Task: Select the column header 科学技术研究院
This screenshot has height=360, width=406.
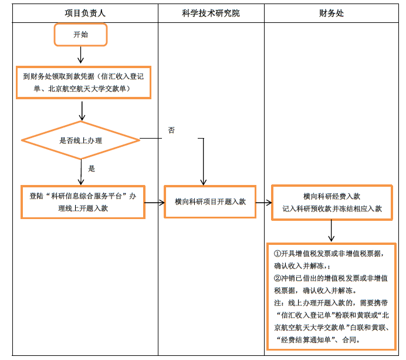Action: [x=211, y=13]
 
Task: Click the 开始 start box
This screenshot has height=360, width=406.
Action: [x=80, y=35]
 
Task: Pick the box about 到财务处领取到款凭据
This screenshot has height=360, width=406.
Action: [x=83, y=82]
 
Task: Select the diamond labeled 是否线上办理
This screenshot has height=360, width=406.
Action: [x=80, y=140]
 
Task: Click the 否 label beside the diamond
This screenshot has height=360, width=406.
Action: [x=171, y=130]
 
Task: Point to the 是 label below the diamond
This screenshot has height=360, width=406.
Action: [x=92, y=169]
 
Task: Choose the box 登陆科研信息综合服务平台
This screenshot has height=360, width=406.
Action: [x=83, y=202]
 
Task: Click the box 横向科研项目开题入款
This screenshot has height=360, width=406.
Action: [x=210, y=202]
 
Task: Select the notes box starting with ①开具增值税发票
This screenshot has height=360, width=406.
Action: [x=331, y=297]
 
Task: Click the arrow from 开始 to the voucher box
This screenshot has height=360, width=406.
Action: [x=81, y=55]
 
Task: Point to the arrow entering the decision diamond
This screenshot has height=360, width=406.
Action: [x=82, y=110]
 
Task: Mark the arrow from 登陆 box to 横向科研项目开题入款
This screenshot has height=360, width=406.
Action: [x=154, y=203]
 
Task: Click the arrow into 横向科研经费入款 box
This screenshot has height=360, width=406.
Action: [x=263, y=203]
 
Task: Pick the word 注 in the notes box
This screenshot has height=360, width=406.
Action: [x=277, y=303]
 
